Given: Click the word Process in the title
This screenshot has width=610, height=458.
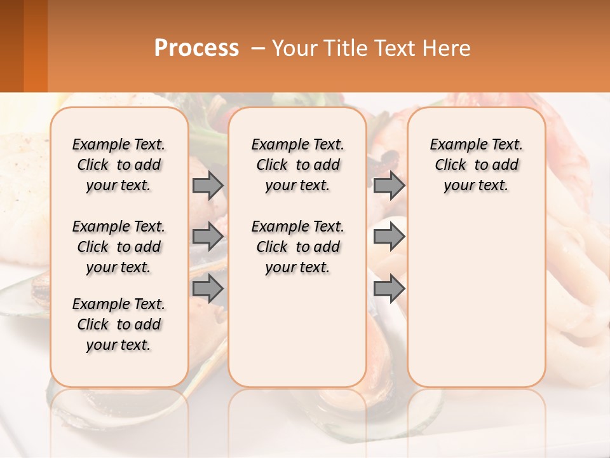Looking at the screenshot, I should (196, 48).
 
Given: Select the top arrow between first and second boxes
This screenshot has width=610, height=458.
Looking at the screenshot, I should (208, 185).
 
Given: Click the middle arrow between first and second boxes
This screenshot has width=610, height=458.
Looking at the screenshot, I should (208, 237).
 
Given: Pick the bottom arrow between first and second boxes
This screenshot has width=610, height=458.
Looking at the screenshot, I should (208, 289).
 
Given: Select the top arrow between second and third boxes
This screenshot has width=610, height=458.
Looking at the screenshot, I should (389, 185).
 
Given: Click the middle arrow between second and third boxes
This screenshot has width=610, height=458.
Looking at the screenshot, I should (389, 237).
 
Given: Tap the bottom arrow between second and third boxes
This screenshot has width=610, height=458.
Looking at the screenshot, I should (389, 289).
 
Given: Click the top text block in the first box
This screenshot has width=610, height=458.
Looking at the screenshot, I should (119, 165).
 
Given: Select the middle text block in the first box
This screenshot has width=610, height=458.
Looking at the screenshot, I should (119, 247).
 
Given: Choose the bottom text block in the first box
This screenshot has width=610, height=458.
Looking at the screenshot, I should (119, 324).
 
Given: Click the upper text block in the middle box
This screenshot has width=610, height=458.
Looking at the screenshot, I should (298, 165).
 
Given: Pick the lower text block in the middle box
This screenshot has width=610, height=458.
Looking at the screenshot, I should (298, 247).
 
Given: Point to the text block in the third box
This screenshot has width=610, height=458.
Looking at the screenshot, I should (477, 165).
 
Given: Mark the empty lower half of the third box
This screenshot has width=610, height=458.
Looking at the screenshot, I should (477, 299).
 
